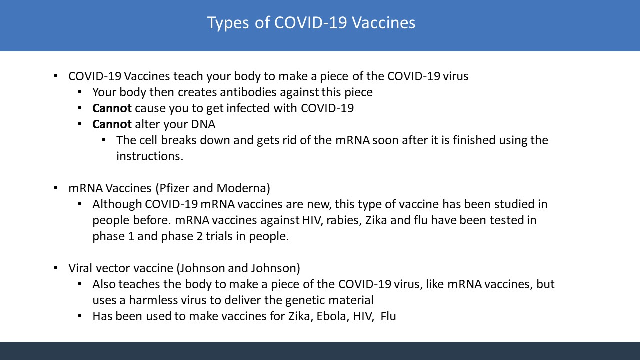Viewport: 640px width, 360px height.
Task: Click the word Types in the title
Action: (x=228, y=23)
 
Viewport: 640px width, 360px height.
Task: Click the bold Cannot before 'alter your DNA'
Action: (x=112, y=124)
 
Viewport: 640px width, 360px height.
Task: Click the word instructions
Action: (x=150, y=156)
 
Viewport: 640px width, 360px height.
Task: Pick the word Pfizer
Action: (x=174, y=188)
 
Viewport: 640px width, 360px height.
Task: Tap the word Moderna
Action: (x=243, y=188)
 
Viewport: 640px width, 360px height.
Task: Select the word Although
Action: (x=117, y=204)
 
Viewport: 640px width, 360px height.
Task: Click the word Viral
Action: (x=80, y=268)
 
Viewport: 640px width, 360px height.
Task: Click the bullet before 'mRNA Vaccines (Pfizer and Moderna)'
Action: (x=55, y=188)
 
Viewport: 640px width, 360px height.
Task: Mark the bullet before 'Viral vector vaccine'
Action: (x=55, y=268)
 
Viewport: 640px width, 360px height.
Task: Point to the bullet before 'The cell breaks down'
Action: (x=104, y=140)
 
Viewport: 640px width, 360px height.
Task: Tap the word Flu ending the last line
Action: (x=388, y=316)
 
